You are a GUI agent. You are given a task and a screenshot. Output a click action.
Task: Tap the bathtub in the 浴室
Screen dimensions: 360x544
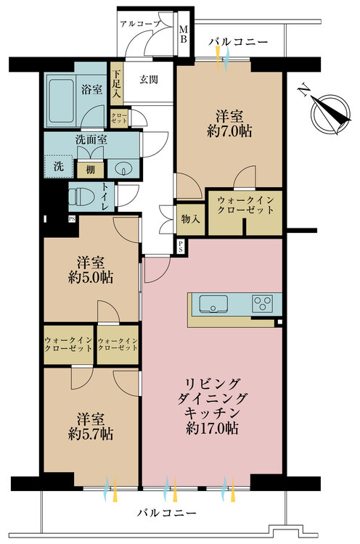[x=61, y=101]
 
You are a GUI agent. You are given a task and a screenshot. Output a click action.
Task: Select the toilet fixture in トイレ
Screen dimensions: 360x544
[x=81, y=197]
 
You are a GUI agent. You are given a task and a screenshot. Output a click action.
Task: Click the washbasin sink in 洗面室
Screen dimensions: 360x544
[x=123, y=169]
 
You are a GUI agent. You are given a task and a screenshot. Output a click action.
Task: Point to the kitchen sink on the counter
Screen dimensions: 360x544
[x=213, y=304]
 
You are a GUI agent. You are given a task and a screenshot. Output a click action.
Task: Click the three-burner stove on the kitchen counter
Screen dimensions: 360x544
[x=262, y=304]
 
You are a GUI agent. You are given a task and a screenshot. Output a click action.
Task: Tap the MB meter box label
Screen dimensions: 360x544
[x=183, y=34]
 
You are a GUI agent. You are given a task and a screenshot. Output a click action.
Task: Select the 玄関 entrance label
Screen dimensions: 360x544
[x=148, y=80]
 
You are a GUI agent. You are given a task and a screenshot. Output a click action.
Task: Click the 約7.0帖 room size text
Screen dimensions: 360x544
[x=229, y=131]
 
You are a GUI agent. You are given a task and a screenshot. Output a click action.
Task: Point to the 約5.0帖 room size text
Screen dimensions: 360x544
[x=90, y=278]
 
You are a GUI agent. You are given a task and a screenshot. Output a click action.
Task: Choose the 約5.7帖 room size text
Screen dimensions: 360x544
[x=90, y=434]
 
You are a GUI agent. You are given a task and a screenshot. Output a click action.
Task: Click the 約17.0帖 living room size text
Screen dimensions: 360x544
[x=212, y=429]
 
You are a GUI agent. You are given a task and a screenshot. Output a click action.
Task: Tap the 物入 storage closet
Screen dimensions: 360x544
[x=191, y=219]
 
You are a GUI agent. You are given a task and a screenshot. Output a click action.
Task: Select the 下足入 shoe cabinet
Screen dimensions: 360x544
[x=116, y=83]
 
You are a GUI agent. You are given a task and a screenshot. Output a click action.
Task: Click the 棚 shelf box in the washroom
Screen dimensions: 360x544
[x=90, y=170]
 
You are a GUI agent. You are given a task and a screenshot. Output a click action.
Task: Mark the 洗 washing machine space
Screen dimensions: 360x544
[x=59, y=166]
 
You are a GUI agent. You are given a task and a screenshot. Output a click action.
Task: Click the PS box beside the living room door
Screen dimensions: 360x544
[x=181, y=247]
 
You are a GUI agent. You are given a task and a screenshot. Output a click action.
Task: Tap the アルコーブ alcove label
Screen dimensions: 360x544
[x=140, y=24]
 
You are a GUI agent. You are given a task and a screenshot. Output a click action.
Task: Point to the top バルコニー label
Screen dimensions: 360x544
[x=239, y=42]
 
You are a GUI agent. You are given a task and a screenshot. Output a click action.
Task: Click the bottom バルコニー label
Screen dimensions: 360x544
[x=166, y=512]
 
